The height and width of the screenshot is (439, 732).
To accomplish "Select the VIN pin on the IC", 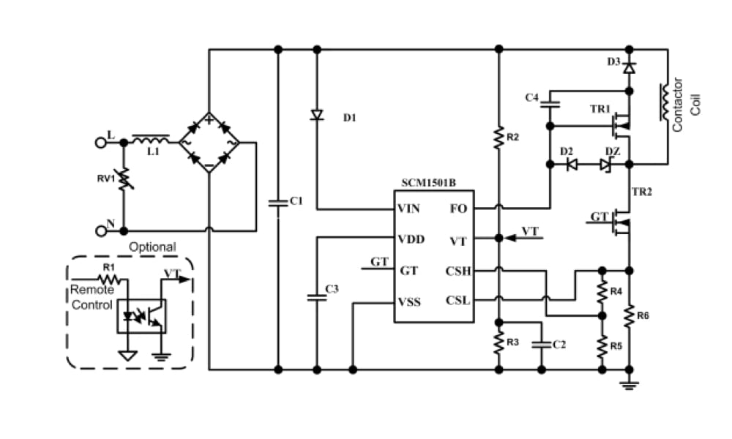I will tap(408, 209).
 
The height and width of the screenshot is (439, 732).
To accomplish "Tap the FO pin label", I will tap(457, 209).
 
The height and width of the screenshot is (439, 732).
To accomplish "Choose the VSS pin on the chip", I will tap(409, 301).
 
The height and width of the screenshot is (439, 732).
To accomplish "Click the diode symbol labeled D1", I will tap(317, 116).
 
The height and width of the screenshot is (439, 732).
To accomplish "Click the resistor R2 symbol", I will tap(498, 138).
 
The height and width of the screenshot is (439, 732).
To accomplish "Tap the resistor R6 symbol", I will tap(630, 317).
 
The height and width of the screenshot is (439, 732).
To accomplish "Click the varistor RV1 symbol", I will tap(124, 179).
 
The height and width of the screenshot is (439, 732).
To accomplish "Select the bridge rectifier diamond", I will tap(209, 143).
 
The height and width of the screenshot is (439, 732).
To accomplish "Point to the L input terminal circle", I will tap(101, 143).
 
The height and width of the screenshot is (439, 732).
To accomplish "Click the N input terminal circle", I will tap(101, 230).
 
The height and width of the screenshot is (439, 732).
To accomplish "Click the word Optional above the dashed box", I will tap(152, 247).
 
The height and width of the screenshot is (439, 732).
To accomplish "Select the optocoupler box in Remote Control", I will tap(141, 315).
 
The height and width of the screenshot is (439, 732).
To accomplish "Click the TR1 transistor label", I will tap(600, 109).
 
